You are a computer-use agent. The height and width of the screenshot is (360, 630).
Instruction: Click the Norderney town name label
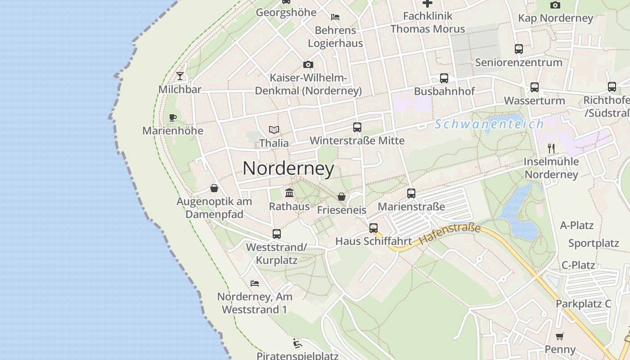pyautogui.click(x=288, y=168)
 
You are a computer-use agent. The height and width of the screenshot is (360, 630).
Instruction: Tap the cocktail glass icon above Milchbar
pyautogui.click(x=180, y=76)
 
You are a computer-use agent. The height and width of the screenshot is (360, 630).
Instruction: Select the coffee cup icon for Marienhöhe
pyautogui.click(x=172, y=118)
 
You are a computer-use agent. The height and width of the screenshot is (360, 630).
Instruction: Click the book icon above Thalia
pyautogui.click(x=274, y=130)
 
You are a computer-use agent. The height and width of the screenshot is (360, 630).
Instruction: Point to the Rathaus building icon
pyautogui.click(x=289, y=193)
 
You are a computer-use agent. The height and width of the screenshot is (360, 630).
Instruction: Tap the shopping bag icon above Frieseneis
pyautogui.click(x=342, y=197)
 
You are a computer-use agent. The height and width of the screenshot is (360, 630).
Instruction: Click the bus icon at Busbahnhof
pyautogui.click(x=444, y=78)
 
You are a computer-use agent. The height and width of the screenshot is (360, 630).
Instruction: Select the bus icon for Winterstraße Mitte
pyautogui.click(x=357, y=127)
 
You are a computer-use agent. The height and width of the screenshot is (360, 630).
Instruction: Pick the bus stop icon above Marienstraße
pyautogui.click(x=411, y=193)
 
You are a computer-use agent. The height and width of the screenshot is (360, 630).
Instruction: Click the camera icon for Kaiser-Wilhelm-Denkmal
pyautogui.click(x=308, y=65)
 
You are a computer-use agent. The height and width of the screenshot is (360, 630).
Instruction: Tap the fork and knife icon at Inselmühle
pyautogui.click(x=551, y=148)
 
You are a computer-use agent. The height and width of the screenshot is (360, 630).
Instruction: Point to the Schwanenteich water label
pyautogui.click(x=489, y=124)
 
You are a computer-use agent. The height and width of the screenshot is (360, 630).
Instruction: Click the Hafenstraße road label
pyautogui.click(x=450, y=234)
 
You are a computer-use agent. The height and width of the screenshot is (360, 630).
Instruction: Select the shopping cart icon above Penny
pyautogui.click(x=560, y=336)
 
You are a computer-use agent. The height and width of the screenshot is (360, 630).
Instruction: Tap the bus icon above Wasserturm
pyautogui.click(x=535, y=87)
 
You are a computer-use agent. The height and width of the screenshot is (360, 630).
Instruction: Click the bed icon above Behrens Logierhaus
pyautogui.click(x=335, y=17)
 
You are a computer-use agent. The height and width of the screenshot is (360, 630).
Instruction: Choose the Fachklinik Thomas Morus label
pyautogui.click(x=427, y=22)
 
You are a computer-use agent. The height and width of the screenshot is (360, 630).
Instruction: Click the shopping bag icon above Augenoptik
pyautogui.click(x=214, y=188)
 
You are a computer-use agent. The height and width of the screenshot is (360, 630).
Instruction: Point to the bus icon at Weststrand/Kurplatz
pyautogui.click(x=277, y=234)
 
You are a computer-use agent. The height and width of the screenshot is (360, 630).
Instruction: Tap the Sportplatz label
pyautogui.click(x=594, y=243)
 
